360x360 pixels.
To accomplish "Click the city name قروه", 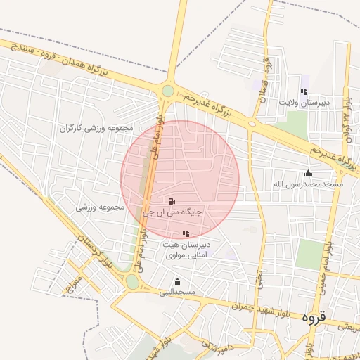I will tap(314, 317).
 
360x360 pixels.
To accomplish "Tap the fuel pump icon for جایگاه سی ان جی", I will tap(172, 201).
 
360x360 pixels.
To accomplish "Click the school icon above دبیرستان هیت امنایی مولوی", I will tap(186, 233).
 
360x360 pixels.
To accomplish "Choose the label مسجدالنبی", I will tap(176, 291).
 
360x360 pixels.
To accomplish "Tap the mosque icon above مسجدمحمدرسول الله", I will tap(307, 173).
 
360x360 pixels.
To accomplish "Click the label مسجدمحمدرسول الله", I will tap(307, 184).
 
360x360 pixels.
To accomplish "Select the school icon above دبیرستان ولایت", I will tap(304, 91).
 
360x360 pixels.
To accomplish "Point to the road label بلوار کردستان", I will tap(96, 254).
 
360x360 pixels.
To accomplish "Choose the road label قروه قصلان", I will tap(266, 81).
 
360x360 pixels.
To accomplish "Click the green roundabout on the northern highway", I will tap(167, 91).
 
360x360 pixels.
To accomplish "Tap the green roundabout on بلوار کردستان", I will tap(132, 282).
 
